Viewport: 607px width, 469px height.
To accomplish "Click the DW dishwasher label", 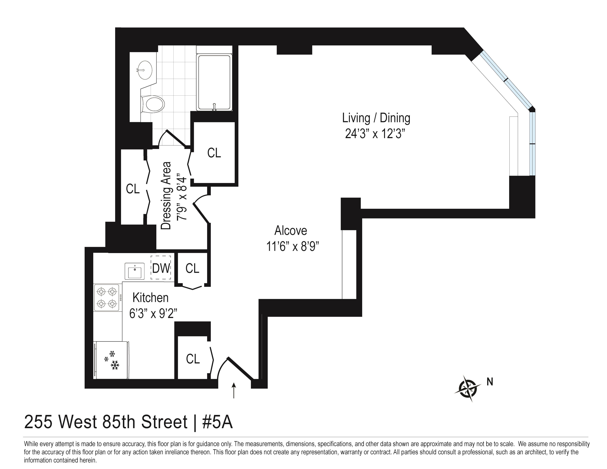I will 161,268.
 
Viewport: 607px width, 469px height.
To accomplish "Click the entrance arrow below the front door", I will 234,390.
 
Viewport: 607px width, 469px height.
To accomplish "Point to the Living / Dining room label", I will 376,118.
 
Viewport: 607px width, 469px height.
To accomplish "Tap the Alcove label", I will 290,231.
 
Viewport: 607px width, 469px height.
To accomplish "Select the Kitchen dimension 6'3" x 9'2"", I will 153,314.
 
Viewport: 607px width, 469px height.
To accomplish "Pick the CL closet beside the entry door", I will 193,359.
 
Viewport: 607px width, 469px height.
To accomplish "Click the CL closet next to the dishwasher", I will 192,268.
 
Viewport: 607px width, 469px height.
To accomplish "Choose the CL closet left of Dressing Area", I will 133,189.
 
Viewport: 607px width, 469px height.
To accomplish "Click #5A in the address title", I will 217,422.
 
